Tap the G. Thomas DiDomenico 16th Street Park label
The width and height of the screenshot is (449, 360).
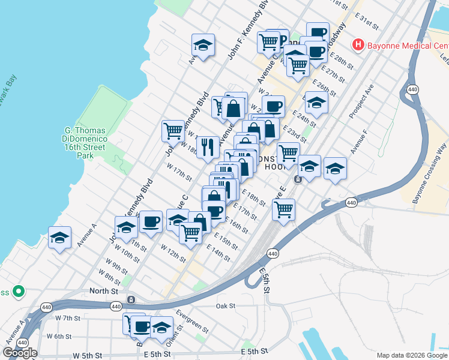pos(85,143)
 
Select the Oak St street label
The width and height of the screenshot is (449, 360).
pos(226,306)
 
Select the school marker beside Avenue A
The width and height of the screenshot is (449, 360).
pos(60,238)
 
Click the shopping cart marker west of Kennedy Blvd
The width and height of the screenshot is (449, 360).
pos(173,130)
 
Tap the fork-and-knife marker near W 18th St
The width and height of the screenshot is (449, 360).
pos(207,146)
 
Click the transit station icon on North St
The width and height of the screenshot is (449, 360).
pos(130,299)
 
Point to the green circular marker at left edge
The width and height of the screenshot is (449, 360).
pos(19,292)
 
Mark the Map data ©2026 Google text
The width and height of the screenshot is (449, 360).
pos(412,355)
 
